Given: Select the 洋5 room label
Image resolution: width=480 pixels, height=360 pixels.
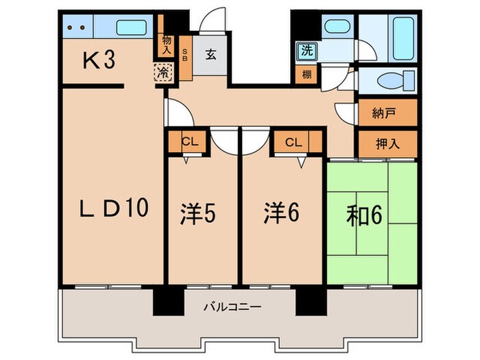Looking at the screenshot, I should coord(199,215).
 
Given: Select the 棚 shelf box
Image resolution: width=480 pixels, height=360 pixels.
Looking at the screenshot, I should coord(306,74).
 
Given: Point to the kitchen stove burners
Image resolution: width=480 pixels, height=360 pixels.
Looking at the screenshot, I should coord(77,28).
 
